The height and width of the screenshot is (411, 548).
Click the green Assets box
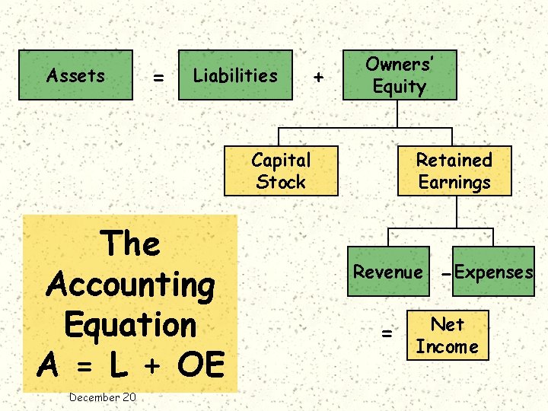coord(75,75)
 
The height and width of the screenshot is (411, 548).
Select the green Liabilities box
coord(235,75)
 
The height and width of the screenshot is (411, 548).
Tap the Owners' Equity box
coord(400,75)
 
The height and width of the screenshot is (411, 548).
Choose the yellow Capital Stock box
coord(281,171)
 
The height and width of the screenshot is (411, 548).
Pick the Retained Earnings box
coord(454,171)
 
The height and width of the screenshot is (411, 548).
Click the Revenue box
coord(387,272)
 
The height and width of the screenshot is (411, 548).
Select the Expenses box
coord(494,272)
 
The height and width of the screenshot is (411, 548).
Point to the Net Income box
coord(447,336)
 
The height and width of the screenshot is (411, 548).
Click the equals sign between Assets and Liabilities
coord(158,78)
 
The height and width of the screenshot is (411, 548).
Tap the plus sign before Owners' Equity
coord(318,78)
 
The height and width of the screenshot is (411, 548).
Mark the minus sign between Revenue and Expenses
coord(445,273)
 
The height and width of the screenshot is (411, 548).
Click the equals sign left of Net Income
coord(387,333)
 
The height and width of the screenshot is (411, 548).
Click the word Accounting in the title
coord(131,285)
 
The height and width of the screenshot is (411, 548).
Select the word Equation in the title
coord(131,324)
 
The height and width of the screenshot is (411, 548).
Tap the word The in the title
coord(131,244)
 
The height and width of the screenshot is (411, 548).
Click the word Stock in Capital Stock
coord(281,182)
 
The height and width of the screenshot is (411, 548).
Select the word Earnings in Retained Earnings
coord(454,183)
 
